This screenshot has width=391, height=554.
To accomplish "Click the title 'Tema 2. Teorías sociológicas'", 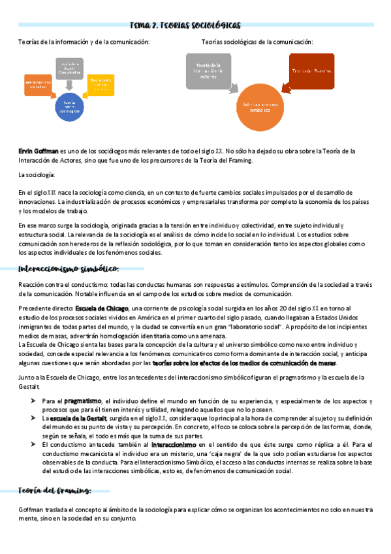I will pos(195,25).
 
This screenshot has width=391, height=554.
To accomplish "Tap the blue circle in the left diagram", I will pos(69,106).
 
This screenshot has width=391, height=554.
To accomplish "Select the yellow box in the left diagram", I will pos(100,83).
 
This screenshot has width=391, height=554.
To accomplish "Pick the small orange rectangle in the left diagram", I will pos(38,84).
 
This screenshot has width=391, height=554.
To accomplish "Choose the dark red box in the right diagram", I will pos(312,71).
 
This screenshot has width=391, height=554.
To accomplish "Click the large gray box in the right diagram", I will pos(209,69).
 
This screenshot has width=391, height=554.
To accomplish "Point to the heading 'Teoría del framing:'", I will pos(54,491).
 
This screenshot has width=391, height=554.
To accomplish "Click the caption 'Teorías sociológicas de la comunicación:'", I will pos(257,42).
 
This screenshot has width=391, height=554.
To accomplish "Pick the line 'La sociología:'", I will pos(37,175).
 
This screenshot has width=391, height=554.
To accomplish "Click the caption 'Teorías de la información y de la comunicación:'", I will pos(84,42).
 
